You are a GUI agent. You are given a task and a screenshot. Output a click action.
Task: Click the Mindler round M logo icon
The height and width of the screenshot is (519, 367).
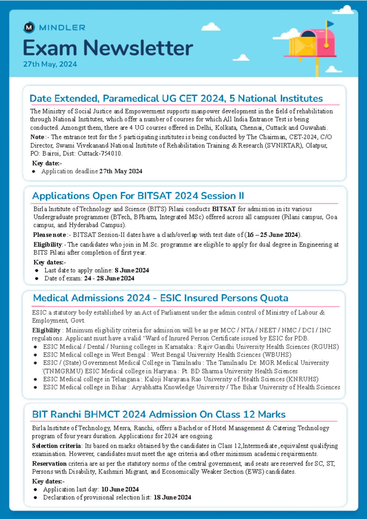click(29, 28)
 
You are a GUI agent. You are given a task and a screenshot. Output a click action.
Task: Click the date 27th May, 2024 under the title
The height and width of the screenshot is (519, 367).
click(50, 64)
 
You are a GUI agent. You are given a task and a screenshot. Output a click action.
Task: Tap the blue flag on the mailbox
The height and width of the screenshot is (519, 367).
click(330, 24)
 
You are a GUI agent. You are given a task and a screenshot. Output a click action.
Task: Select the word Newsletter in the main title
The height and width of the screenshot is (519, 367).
click(138, 48)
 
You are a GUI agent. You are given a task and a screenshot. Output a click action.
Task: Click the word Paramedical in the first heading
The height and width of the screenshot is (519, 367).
click(131, 98)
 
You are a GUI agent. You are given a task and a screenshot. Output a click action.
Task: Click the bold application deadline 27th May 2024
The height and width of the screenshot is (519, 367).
click(121, 171)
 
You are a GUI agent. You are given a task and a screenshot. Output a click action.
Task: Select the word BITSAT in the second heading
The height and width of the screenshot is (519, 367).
click(155, 196)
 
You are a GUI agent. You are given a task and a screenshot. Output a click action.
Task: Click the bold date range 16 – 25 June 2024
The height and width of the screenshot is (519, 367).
click(272, 235)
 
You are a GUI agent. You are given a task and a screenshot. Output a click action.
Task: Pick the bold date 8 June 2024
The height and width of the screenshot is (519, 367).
click(132, 270)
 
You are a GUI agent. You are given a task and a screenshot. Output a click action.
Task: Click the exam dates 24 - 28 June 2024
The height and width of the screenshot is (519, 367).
click(109, 278)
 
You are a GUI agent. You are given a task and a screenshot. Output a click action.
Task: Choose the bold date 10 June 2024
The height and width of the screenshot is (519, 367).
click(120, 489)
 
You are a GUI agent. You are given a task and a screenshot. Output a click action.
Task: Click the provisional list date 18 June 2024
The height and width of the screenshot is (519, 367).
click(172, 497)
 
